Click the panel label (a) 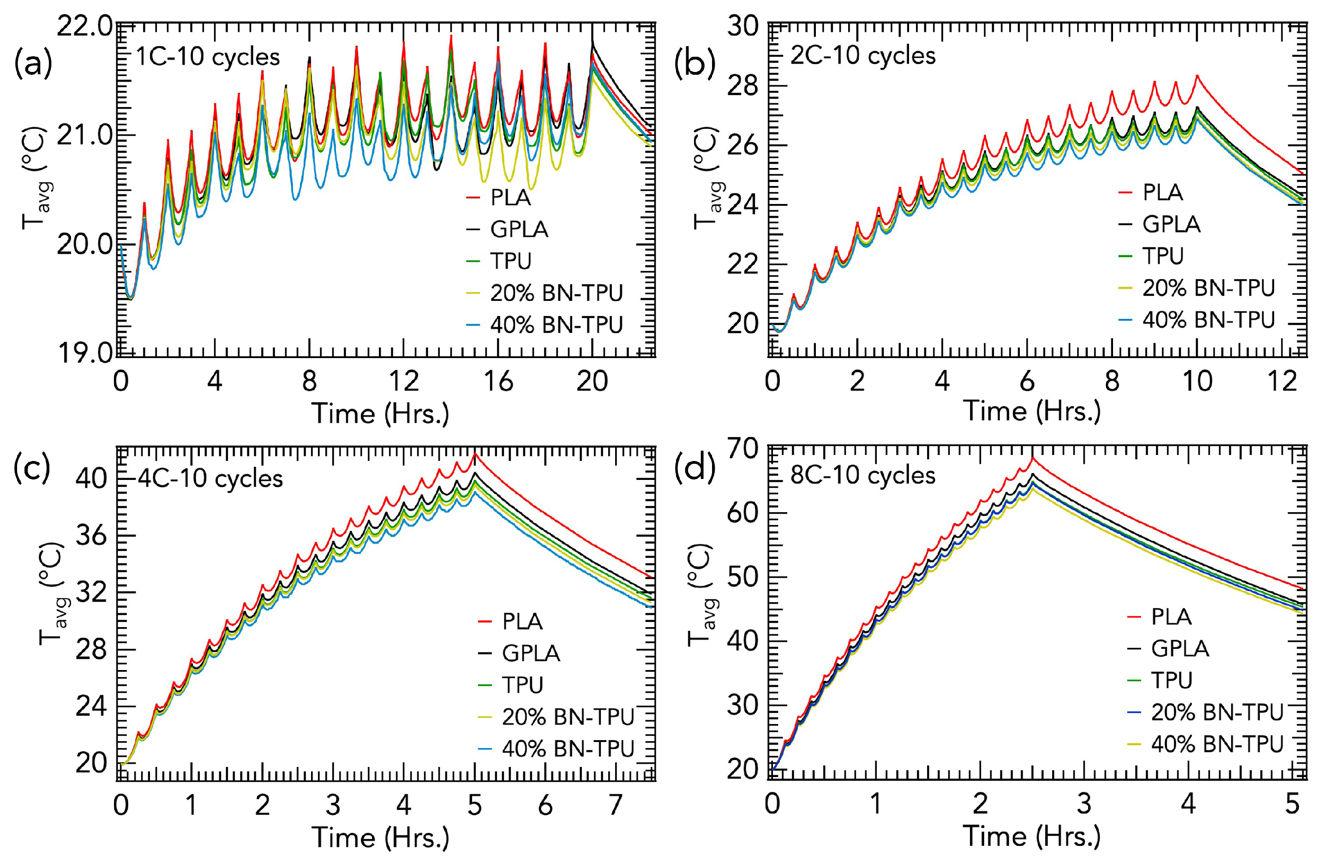33,63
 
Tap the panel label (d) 693,467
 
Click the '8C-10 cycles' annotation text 863,475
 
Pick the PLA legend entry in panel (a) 510,198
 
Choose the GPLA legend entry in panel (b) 1171,224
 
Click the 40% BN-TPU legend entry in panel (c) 568,748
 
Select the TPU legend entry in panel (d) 1171,680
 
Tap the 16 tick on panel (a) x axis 498,381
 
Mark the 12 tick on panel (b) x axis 1282,381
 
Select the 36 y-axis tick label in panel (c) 91,536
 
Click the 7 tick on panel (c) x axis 616,804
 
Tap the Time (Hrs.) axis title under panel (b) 1032,412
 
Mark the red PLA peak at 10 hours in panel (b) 1197,76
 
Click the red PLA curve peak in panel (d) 1033,457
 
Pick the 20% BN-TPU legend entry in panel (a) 556,293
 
